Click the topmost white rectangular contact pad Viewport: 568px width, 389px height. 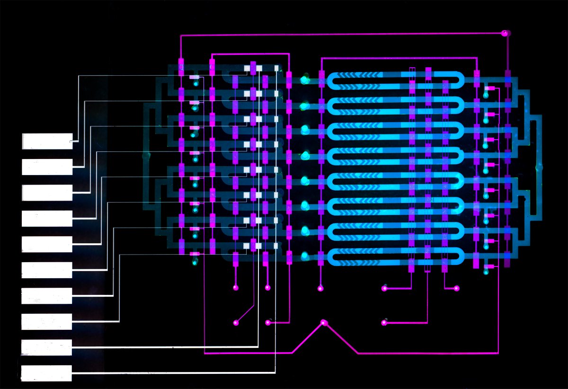click(47, 141)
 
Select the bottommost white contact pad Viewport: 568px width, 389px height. click(46, 373)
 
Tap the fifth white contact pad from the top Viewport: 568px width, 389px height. click(47, 244)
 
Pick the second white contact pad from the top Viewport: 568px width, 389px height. click(47, 167)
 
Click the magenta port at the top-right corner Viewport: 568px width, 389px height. click(505, 33)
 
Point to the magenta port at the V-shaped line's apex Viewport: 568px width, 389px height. click(324, 323)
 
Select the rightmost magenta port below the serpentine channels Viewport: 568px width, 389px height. click(457, 288)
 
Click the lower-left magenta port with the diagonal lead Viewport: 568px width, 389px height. click(236, 323)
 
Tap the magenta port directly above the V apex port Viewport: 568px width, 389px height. click(320, 288)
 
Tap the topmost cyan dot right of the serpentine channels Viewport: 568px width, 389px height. click(486, 95)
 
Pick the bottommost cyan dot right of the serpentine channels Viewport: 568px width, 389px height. click(486, 272)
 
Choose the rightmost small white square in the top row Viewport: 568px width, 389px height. click(276, 68)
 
